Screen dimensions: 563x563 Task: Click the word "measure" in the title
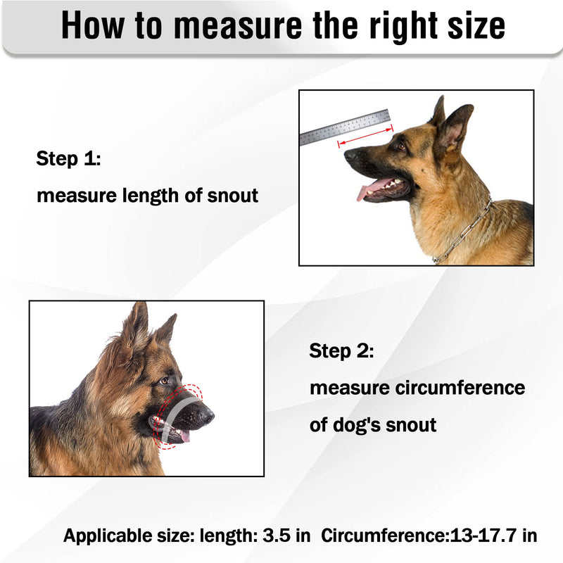(239, 25)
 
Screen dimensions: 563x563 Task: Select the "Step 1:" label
(68, 158)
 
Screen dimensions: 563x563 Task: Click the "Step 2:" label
(341, 350)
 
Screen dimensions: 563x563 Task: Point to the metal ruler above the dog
(345, 127)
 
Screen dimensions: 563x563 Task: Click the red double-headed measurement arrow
(365, 136)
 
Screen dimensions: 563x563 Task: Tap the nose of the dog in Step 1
(349, 155)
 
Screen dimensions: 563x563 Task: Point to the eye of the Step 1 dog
(401, 146)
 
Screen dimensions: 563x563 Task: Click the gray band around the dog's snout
(177, 417)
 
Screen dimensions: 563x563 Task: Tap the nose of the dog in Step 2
(207, 416)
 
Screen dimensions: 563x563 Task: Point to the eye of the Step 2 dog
(164, 381)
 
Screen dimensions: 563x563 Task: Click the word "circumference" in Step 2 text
(460, 388)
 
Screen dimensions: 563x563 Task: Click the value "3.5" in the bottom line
(277, 536)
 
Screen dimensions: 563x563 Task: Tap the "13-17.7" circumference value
(483, 536)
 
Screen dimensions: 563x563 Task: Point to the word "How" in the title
(93, 25)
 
